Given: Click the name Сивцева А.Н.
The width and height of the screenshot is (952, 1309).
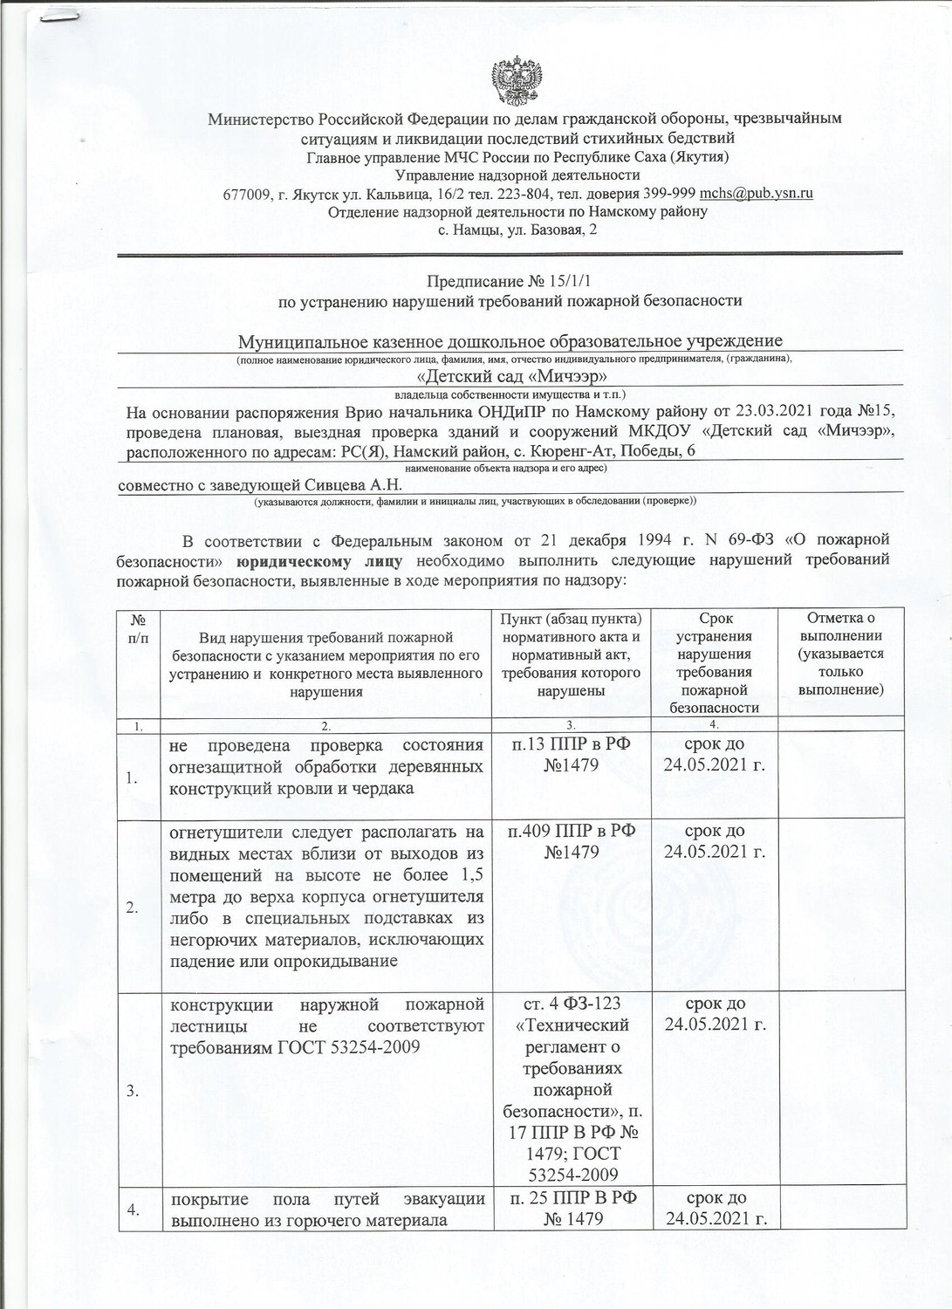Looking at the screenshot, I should pyautogui.click(x=356, y=484).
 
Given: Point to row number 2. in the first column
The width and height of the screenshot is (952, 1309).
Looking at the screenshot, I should pyautogui.click(x=132, y=908).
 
